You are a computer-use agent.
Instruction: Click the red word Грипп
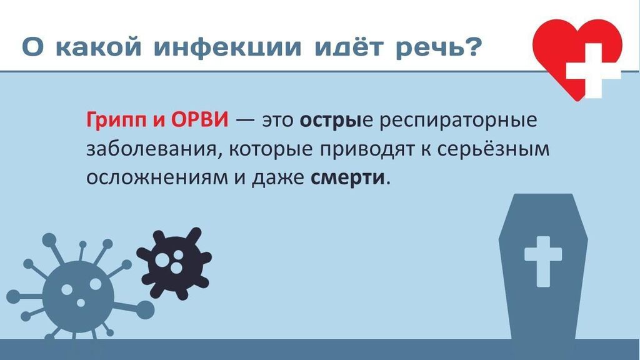point(116,121)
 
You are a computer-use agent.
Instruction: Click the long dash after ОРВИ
point(245,121)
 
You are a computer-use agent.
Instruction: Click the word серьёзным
point(493,149)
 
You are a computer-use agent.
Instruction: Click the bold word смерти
point(347,178)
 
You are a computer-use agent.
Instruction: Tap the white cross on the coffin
point(543,261)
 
